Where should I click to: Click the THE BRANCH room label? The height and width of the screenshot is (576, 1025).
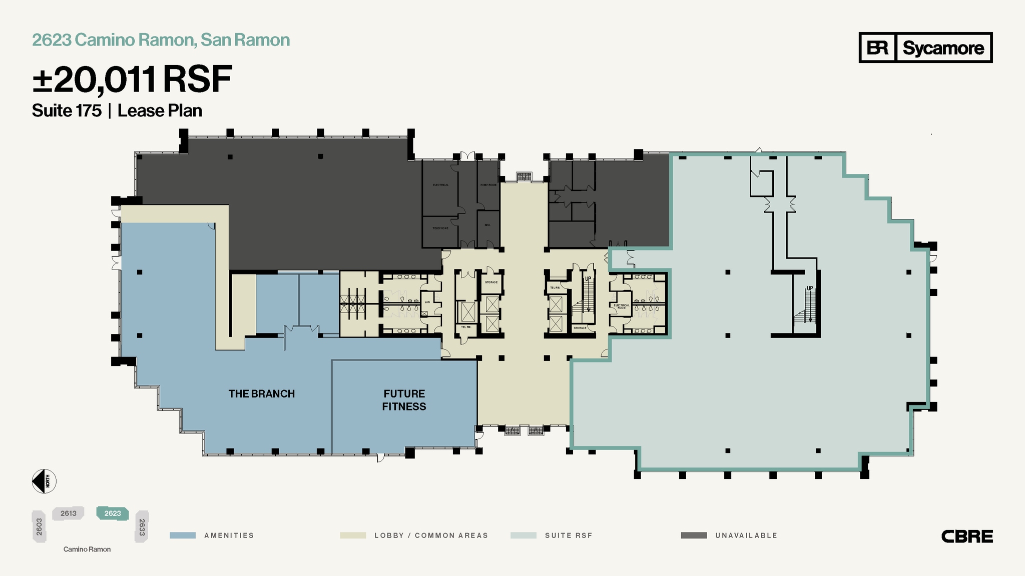[261, 394]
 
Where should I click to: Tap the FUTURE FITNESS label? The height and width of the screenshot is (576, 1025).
[404, 400]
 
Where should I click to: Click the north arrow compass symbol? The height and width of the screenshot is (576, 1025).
[44, 481]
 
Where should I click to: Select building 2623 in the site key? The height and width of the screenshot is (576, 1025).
[113, 513]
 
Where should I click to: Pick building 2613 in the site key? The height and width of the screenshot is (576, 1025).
[68, 513]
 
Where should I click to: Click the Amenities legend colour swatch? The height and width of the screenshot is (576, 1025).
[183, 535]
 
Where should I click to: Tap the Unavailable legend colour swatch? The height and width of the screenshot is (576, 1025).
[694, 535]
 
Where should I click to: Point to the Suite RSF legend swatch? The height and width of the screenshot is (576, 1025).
[523, 535]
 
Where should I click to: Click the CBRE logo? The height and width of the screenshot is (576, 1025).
[967, 536]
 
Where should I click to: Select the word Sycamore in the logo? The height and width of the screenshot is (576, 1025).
[943, 48]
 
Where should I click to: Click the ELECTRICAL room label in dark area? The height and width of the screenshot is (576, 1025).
[440, 185]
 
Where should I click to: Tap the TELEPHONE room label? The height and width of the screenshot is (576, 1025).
[440, 228]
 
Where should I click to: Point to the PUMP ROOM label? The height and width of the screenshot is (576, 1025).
[488, 185]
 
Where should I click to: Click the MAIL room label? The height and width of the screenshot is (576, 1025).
[487, 225]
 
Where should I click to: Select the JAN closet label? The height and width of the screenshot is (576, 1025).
[427, 302]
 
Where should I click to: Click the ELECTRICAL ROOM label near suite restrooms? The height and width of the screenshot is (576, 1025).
[622, 306]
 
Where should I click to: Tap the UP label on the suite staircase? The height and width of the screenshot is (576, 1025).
[809, 288]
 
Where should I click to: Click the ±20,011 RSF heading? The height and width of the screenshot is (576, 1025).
[132, 80]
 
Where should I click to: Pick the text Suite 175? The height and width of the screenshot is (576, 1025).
[67, 111]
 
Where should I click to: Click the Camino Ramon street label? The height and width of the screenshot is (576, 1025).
[87, 549]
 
